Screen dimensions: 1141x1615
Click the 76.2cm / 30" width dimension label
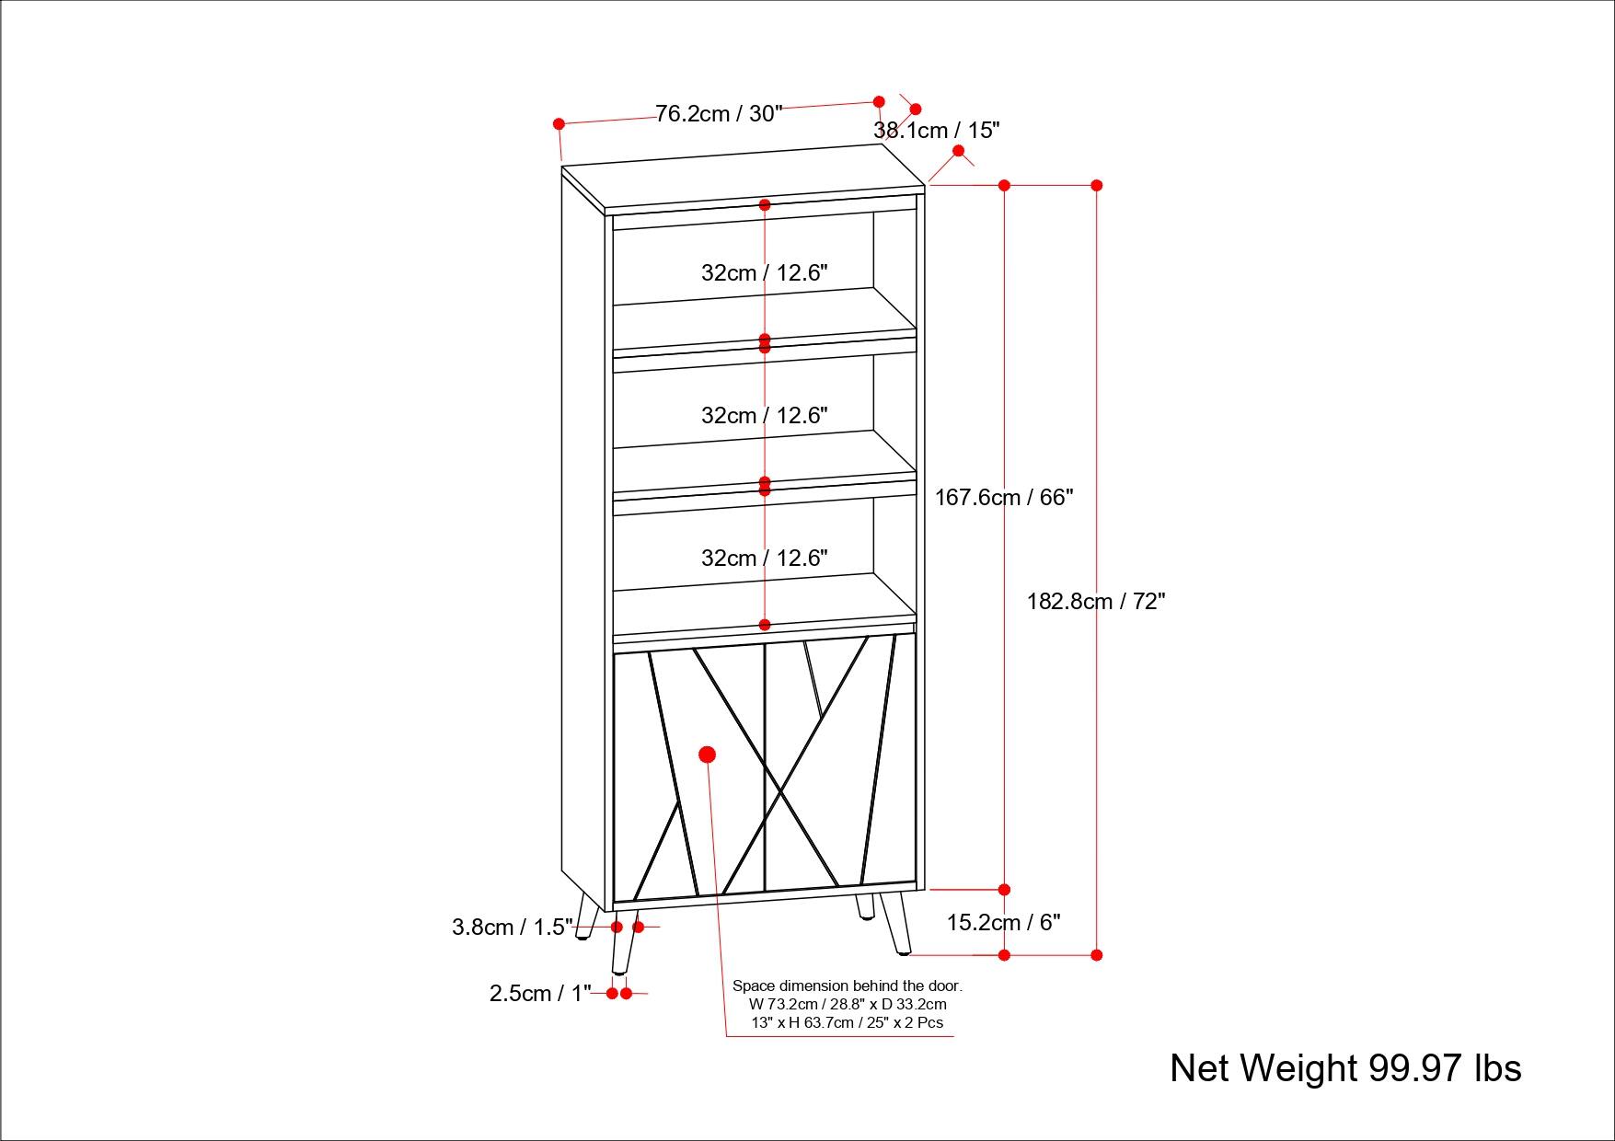tap(719, 114)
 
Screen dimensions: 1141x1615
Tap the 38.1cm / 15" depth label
tap(936, 131)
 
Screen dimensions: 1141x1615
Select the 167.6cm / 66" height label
tap(1004, 498)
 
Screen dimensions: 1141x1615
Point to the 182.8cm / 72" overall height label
tap(1096, 602)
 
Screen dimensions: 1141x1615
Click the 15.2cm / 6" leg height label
tap(1003, 923)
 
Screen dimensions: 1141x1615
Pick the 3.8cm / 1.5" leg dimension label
tap(512, 928)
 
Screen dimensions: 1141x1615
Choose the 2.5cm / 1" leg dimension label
tap(540, 994)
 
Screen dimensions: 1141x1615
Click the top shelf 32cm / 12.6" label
tap(764, 273)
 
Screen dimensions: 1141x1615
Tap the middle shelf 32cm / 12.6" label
tap(764, 416)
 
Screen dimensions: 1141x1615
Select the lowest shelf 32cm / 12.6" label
tap(764, 559)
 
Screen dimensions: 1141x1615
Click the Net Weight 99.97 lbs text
tap(1345, 1068)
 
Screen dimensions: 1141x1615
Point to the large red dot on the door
tap(707, 755)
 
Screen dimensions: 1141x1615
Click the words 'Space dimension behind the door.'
tap(847, 985)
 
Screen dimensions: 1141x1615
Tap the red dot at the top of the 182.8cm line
tap(1096, 186)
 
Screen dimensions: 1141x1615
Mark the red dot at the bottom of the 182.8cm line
tap(1096, 955)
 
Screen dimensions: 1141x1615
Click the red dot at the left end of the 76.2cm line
tap(559, 123)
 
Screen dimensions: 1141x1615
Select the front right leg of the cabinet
tap(895, 922)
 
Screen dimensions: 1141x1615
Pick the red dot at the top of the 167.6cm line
tap(1004, 186)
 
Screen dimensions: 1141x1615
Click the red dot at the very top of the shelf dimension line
tap(765, 205)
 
